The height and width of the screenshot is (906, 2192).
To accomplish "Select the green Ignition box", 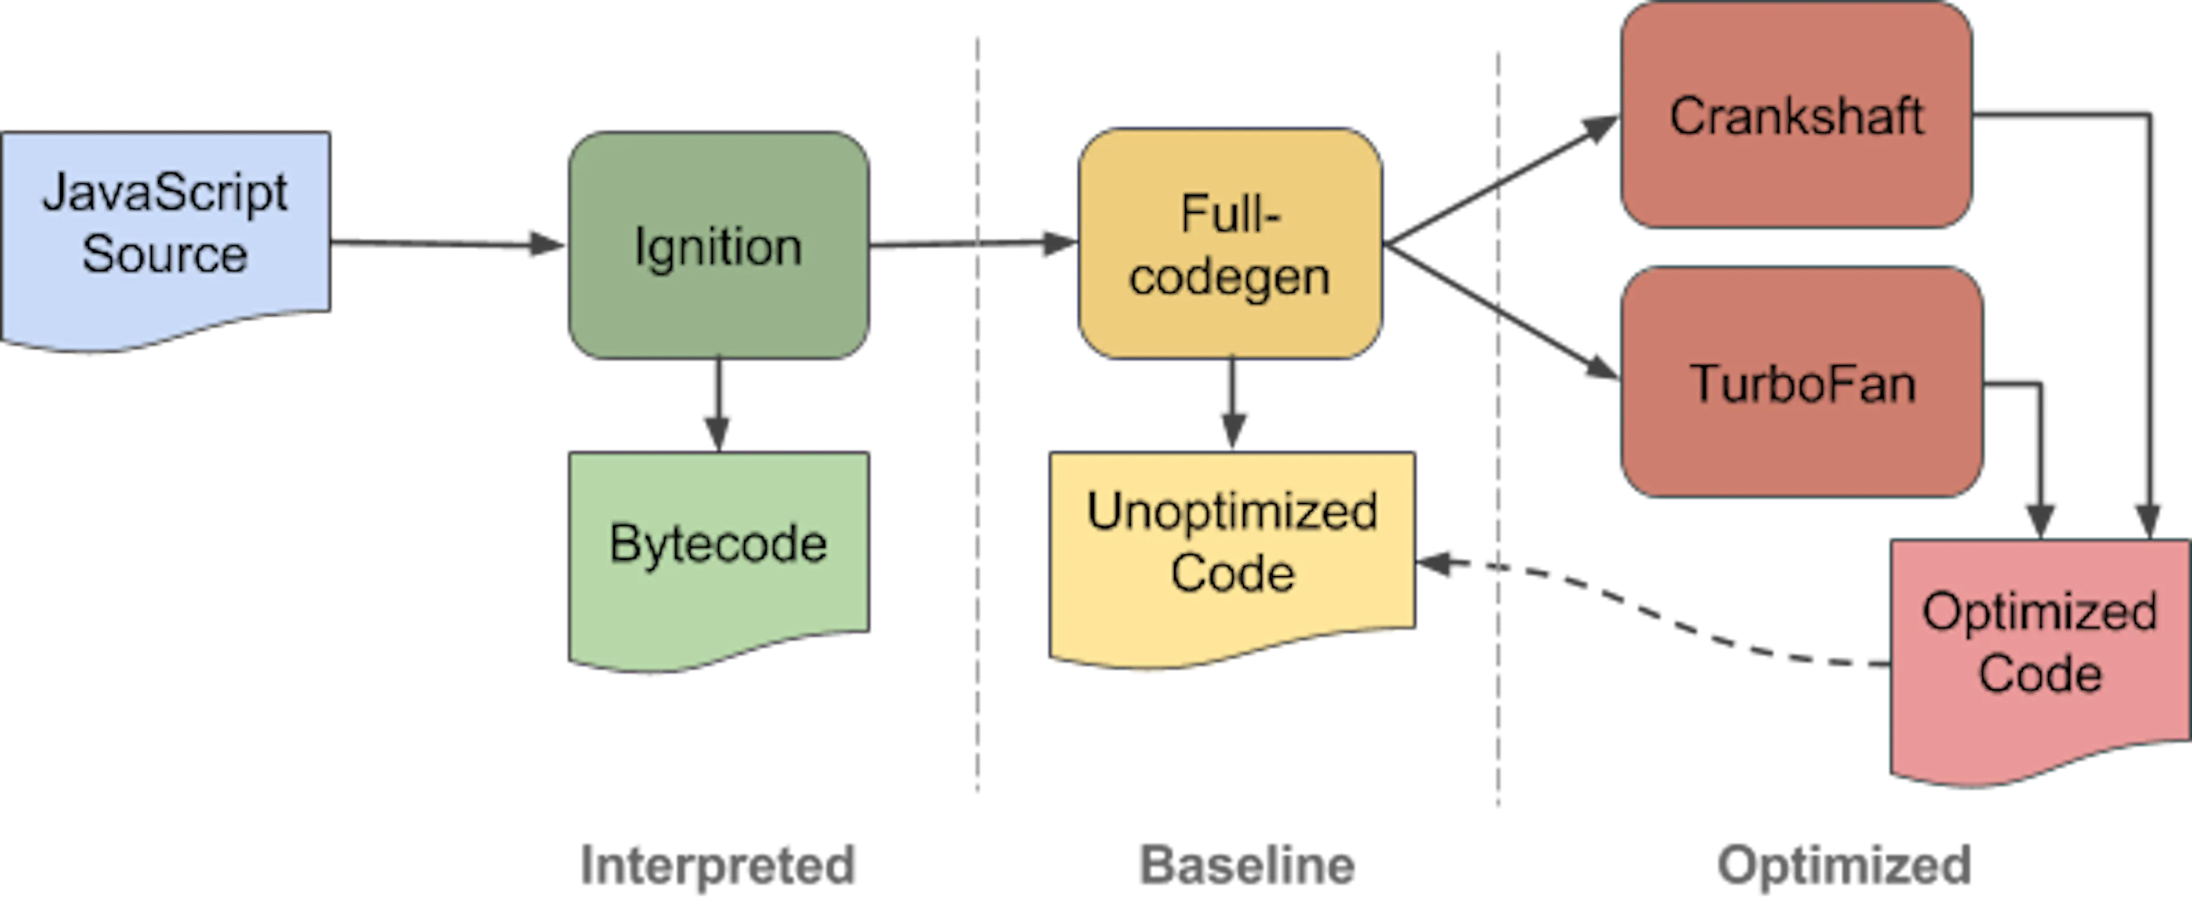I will coord(718,245).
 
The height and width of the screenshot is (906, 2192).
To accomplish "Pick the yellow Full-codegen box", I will coord(1230,245).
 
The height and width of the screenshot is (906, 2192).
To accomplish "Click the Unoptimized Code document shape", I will coord(1232,553).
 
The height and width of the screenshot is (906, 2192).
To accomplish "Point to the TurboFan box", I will coord(1802,383).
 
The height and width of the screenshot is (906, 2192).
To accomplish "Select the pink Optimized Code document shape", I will coord(2039,655).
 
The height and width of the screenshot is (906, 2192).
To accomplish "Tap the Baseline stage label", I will coord(1247,865).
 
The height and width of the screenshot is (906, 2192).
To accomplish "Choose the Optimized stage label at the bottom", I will coord(1845,865).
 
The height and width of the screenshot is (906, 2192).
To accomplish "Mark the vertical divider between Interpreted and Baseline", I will coord(977,511).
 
